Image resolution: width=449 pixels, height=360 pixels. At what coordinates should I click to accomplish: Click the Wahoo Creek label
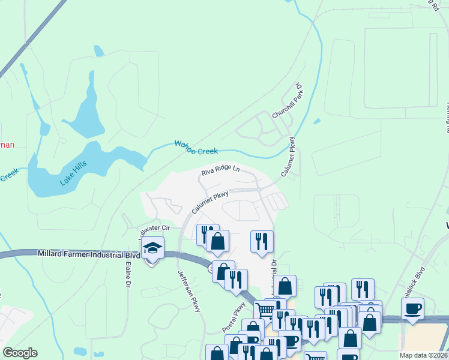pos(196,147)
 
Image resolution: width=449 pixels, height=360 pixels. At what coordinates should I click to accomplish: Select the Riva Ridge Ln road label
pos(220,172)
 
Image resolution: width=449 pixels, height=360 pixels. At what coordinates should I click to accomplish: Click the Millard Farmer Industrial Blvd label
pos(89,254)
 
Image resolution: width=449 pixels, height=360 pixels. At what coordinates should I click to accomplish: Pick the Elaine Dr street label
pos(128,275)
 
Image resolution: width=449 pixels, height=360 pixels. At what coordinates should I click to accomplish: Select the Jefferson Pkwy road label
pos(188,291)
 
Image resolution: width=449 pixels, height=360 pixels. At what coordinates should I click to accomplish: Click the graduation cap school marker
pos(153,248)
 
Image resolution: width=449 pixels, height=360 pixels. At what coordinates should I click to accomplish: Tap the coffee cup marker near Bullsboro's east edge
pos(412,308)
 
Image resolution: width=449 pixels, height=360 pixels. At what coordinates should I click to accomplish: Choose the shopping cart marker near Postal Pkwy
pos(265,310)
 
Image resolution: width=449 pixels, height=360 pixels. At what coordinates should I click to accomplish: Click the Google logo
pos(20,353)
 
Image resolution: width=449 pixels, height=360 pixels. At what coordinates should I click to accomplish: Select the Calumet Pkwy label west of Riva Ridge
pos(211,202)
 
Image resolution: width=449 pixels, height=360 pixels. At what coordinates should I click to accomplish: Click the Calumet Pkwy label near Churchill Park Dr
pos(289,157)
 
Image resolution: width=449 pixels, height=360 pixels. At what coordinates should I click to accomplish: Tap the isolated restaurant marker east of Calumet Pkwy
pos(262,241)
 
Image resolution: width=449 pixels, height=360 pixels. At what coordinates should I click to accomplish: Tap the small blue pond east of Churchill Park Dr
pos(316,121)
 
